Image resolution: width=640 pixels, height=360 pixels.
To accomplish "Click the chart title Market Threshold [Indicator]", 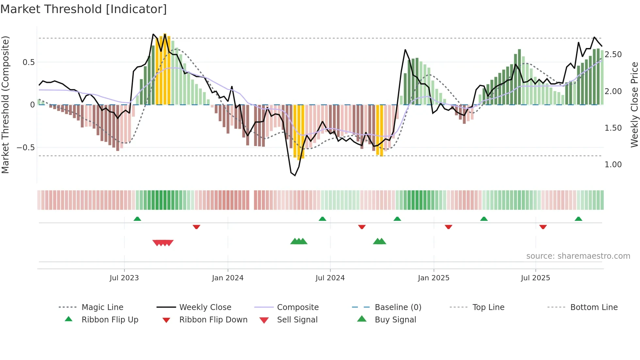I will coord(84,9).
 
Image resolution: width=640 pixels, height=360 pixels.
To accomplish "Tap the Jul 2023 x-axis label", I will coord(124,278).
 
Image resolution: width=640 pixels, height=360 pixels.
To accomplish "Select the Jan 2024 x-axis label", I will coord(228,278).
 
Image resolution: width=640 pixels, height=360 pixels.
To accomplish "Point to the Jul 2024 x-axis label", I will coord(330,278).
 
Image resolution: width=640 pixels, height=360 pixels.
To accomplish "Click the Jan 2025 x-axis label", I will coord(434,278).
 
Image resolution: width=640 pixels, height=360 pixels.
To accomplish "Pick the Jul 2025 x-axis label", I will coord(536,278).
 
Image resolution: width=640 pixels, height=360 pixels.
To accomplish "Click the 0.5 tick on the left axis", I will coord(28,62).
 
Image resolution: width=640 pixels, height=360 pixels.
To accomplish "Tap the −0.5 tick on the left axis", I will coord(26,148).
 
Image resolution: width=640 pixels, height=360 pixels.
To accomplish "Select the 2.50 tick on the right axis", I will coord(613,55).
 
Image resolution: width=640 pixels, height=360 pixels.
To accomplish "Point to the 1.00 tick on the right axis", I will coord(613,165).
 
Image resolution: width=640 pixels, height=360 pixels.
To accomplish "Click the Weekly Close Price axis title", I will coord(634,105).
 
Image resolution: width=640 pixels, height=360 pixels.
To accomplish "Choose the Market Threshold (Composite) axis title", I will coord(5,105).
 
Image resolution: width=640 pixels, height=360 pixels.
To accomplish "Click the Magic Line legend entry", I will coord(102,307).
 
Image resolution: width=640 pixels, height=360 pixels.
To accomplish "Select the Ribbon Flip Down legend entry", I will coord(213,320).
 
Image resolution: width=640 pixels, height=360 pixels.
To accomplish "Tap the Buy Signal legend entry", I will coord(395,320).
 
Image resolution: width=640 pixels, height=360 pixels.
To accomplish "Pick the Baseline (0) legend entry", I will coord(398,307).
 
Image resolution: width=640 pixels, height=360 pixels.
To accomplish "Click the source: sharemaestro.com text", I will coord(578,256).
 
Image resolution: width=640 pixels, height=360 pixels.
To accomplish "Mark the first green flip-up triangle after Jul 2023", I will coord(137,219).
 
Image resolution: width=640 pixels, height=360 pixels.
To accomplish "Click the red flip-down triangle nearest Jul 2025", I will coord(543,227).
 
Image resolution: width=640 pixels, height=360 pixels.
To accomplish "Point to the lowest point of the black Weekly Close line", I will coord(295,175).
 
